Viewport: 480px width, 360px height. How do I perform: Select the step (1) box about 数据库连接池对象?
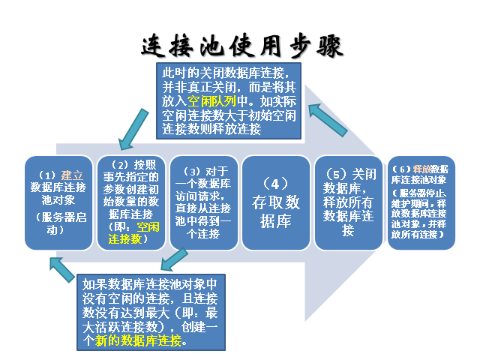pos(58,202)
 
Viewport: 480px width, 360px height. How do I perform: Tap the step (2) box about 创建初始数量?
pos(129,202)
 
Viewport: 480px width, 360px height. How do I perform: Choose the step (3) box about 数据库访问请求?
pos(201,202)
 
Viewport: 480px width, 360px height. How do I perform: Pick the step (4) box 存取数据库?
pos(273,202)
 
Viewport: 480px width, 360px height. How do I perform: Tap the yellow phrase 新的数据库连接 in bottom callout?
pos(139,340)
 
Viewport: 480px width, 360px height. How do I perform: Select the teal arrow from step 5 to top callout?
pos(331,118)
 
